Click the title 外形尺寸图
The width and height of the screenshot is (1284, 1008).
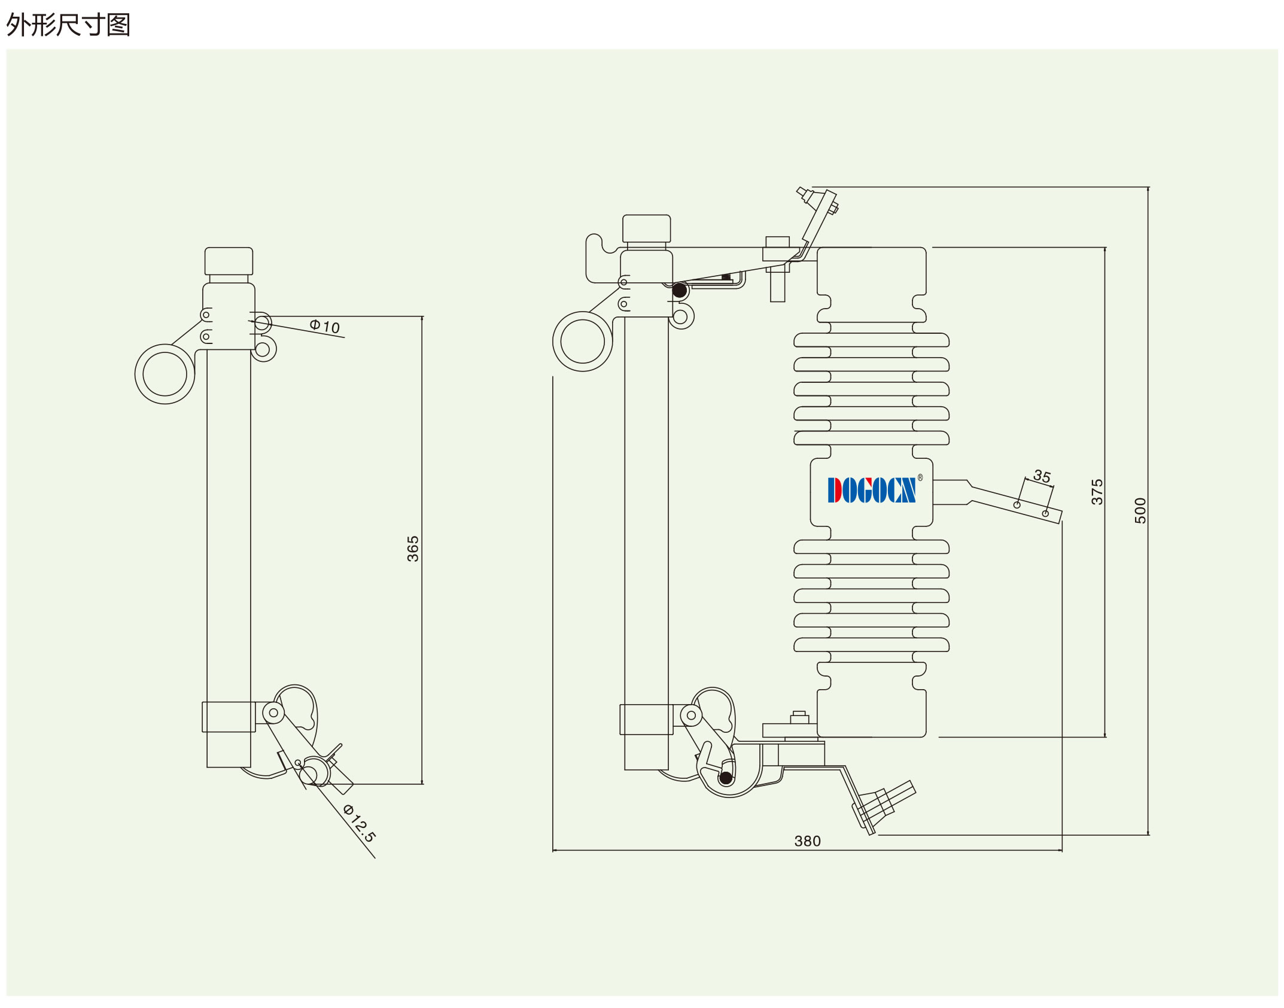click(x=68, y=25)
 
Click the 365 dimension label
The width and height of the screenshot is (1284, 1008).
click(x=413, y=549)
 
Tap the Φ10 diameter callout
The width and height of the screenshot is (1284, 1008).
click(x=325, y=327)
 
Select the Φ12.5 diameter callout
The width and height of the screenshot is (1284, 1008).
click(x=360, y=824)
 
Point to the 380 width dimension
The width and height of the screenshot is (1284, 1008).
click(x=807, y=841)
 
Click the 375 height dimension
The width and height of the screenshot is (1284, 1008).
click(x=1097, y=492)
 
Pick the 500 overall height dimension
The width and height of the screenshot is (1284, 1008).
click(x=1140, y=510)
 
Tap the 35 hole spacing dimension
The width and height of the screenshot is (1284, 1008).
click(x=1042, y=476)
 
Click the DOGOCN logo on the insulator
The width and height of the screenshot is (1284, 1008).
click(x=871, y=490)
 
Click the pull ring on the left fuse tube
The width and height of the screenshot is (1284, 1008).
click(x=165, y=374)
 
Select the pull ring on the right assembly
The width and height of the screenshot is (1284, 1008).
click(x=583, y=342)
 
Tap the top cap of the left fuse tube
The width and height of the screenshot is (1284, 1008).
click(x=229, y=261)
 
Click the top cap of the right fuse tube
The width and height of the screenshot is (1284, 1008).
click(x=646, y=229)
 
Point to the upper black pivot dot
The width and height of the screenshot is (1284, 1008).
click(x=680, y=291)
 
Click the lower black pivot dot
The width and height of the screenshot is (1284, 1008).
click(x=726, y=778)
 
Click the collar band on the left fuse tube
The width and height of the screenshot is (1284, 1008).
click(x=229, y=717)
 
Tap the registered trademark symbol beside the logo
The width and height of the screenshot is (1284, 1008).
click(x=920, y=477)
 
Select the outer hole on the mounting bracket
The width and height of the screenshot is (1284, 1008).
click(x=1045, y=513)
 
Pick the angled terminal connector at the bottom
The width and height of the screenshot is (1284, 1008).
click(x=884, y=805)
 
